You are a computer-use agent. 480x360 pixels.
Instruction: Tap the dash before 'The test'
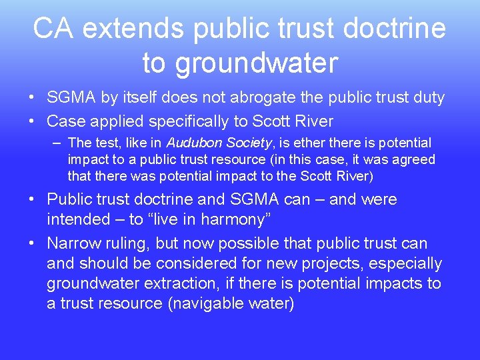(57, 143)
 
